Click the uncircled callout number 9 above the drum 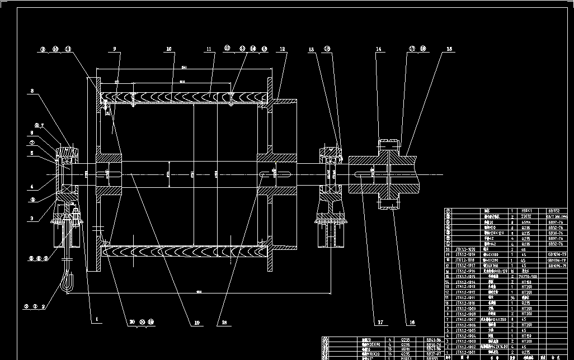click(x=114, y=49)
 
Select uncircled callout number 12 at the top click(x=283, y=49)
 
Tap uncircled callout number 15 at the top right click(x=449, y=49)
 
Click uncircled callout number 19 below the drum click(x=197, y=323)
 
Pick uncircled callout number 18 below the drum click(x=225, y=323)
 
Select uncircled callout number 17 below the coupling click(x=380, y=323)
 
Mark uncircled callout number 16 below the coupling click(x=412, y=323)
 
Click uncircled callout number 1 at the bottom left click(x=96, y=320)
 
